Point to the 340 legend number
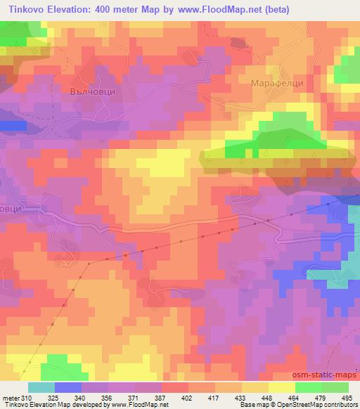tap(72, 398)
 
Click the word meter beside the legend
tap(10, 398)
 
